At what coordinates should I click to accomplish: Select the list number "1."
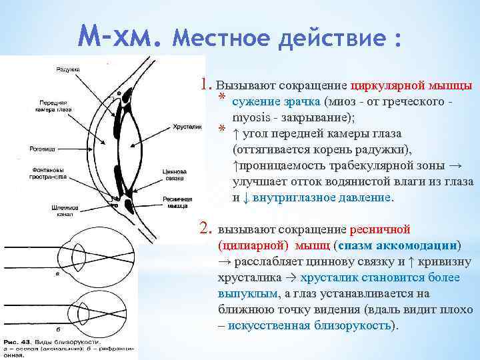click(206, 85)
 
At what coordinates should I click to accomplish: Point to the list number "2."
click(206, 230)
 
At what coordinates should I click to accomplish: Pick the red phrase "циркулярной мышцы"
click(411, 86)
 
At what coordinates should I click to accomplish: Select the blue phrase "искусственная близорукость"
click(310, 325)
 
